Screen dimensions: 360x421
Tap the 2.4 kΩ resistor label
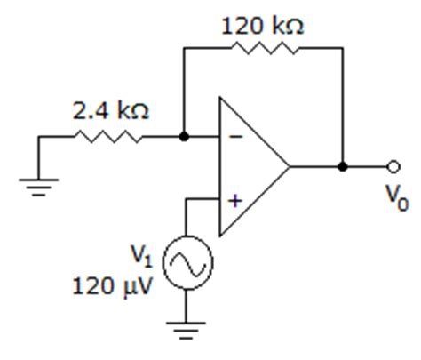(x=111, y=112)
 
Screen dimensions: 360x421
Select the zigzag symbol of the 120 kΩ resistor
(x=262, y=50)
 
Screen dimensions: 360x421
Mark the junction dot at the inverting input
(x=184, y=137)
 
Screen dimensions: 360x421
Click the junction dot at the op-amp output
(x=343, y=166)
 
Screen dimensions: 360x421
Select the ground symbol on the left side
(x=39, y=187)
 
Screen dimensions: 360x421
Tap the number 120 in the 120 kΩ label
(x=242, y=26)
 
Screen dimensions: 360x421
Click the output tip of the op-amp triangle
(x=290, y=166)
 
